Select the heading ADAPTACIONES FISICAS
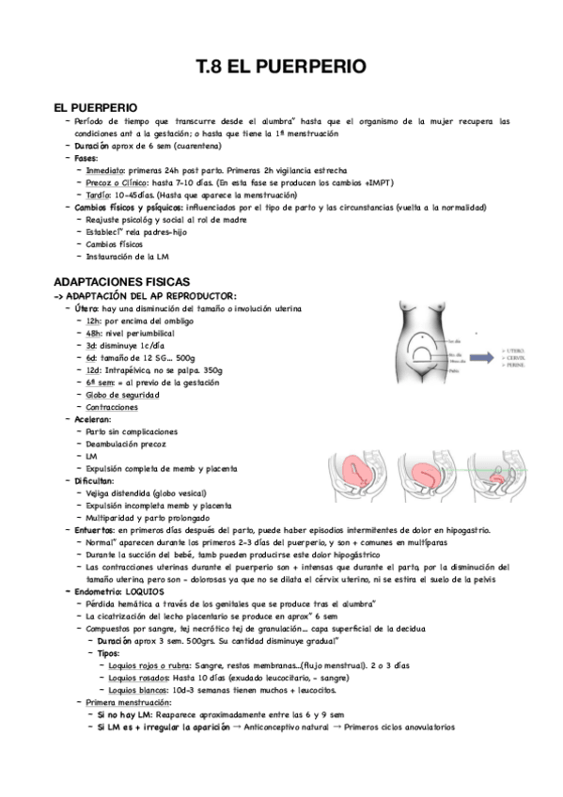pyautogui.click(x=121, y=282)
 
